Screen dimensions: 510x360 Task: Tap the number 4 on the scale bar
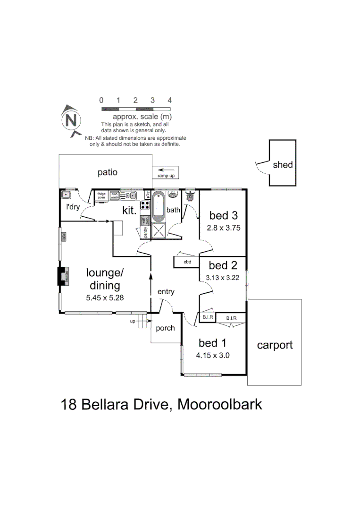pos(169,100)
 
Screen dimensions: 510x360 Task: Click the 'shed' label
pos(283,165)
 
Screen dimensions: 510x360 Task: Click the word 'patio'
pos(107,172)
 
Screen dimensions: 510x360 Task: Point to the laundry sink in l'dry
pos(66,194)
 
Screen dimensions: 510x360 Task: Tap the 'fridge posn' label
pos(101,195)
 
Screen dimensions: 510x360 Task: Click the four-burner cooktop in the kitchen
pos(145,206)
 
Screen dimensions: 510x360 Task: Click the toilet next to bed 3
pos(190,195)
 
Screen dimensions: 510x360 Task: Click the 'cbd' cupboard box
pos(187,262)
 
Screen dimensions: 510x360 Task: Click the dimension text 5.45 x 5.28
pos(105,297)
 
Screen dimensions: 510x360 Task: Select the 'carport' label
pos(275,345)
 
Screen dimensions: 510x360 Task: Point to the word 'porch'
pos(165,328)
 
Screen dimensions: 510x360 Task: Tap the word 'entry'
pos(166,292)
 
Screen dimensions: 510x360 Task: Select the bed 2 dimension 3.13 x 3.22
pos(223,278)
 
